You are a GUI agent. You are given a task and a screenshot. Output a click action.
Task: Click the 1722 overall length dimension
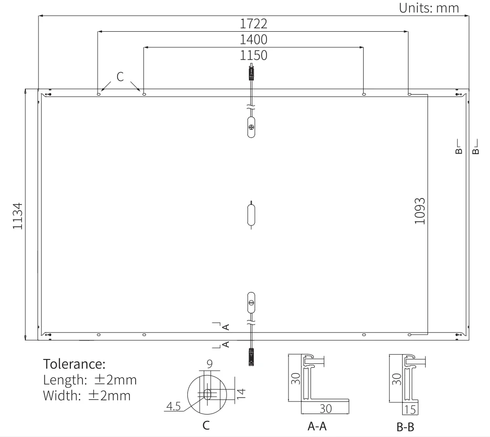(253, 24)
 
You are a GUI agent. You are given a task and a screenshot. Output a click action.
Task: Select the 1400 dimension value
(253, 40)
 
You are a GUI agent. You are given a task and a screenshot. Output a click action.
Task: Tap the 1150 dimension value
(253, 56)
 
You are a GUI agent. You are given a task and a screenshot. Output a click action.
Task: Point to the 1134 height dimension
(18, 216)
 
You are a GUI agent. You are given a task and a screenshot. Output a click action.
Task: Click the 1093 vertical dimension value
(420, 211)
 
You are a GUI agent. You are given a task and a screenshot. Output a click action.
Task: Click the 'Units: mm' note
(429, 8)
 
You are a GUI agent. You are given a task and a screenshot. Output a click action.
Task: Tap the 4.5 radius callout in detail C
(173, 406)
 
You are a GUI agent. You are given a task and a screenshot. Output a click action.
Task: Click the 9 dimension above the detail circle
(210, 364)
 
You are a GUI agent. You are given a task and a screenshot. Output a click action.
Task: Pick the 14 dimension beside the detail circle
(241, 394)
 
